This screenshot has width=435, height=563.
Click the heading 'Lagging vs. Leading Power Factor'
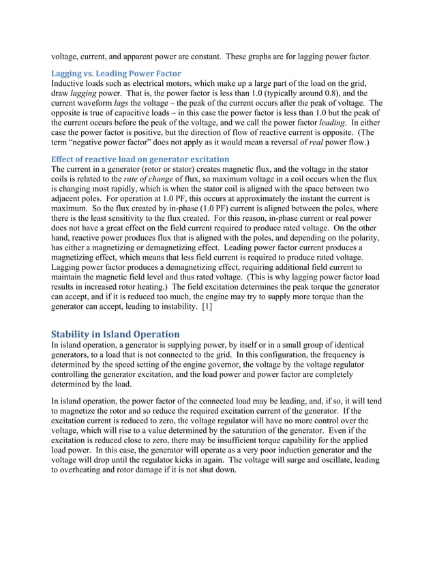coord(116,73)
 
